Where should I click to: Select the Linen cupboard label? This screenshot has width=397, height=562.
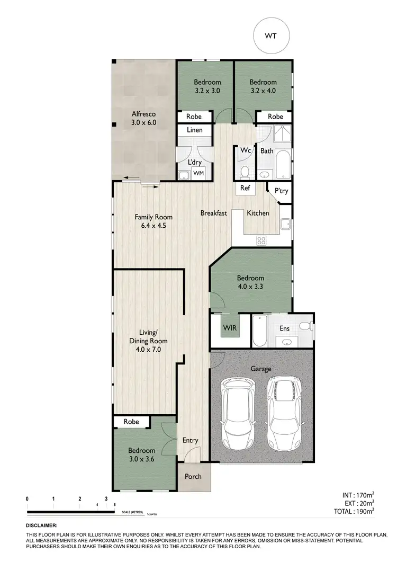point(195,130)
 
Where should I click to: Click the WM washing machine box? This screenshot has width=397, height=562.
point(199,173)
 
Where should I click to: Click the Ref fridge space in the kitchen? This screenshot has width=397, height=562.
point(245,188)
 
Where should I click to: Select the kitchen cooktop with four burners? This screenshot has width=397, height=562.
point(261,240)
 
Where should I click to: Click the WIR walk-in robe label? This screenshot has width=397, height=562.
point(230,328)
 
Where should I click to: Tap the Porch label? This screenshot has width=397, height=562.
point(193,476)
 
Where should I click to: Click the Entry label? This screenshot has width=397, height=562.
point(190,440)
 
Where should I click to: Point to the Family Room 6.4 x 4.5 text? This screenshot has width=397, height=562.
point(154,221)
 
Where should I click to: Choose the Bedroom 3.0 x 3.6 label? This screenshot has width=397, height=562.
point(142,455)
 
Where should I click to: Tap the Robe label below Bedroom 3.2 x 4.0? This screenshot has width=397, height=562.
point(275,117)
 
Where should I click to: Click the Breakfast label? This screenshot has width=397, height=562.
point(214,213)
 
